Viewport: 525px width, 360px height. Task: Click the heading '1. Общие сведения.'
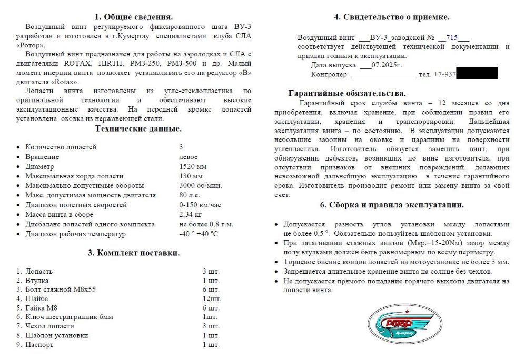click(134, 16)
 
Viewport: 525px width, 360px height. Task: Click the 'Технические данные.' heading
click(138, 128)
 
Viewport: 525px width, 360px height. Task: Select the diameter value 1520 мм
click(192, 166)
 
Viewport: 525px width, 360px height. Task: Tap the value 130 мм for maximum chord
click(191, 176)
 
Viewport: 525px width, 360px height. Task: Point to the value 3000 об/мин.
click(200, 185)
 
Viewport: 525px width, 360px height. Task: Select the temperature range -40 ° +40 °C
click(198, 234)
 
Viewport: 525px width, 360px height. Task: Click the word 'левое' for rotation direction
click(189, 157)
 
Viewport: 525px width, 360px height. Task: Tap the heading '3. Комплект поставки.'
click(134, 253)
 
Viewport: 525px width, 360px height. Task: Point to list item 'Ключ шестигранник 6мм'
click(69, 317)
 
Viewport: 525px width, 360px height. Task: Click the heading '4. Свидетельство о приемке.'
click(392, 17)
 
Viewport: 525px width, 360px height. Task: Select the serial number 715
click(451, 37)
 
